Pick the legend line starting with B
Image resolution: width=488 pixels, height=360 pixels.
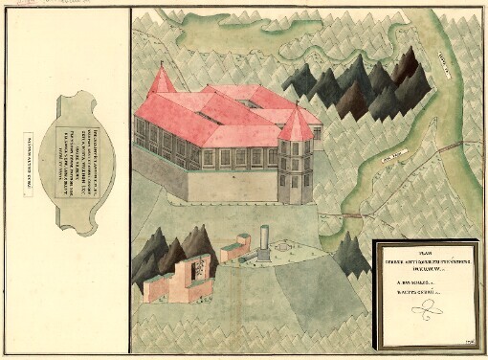coord(412,295)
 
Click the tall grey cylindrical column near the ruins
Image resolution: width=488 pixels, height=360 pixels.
coord(262,240)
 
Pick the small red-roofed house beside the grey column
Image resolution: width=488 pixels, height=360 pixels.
coord(234,251)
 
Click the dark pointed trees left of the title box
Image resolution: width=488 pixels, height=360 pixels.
coord(351,254)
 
